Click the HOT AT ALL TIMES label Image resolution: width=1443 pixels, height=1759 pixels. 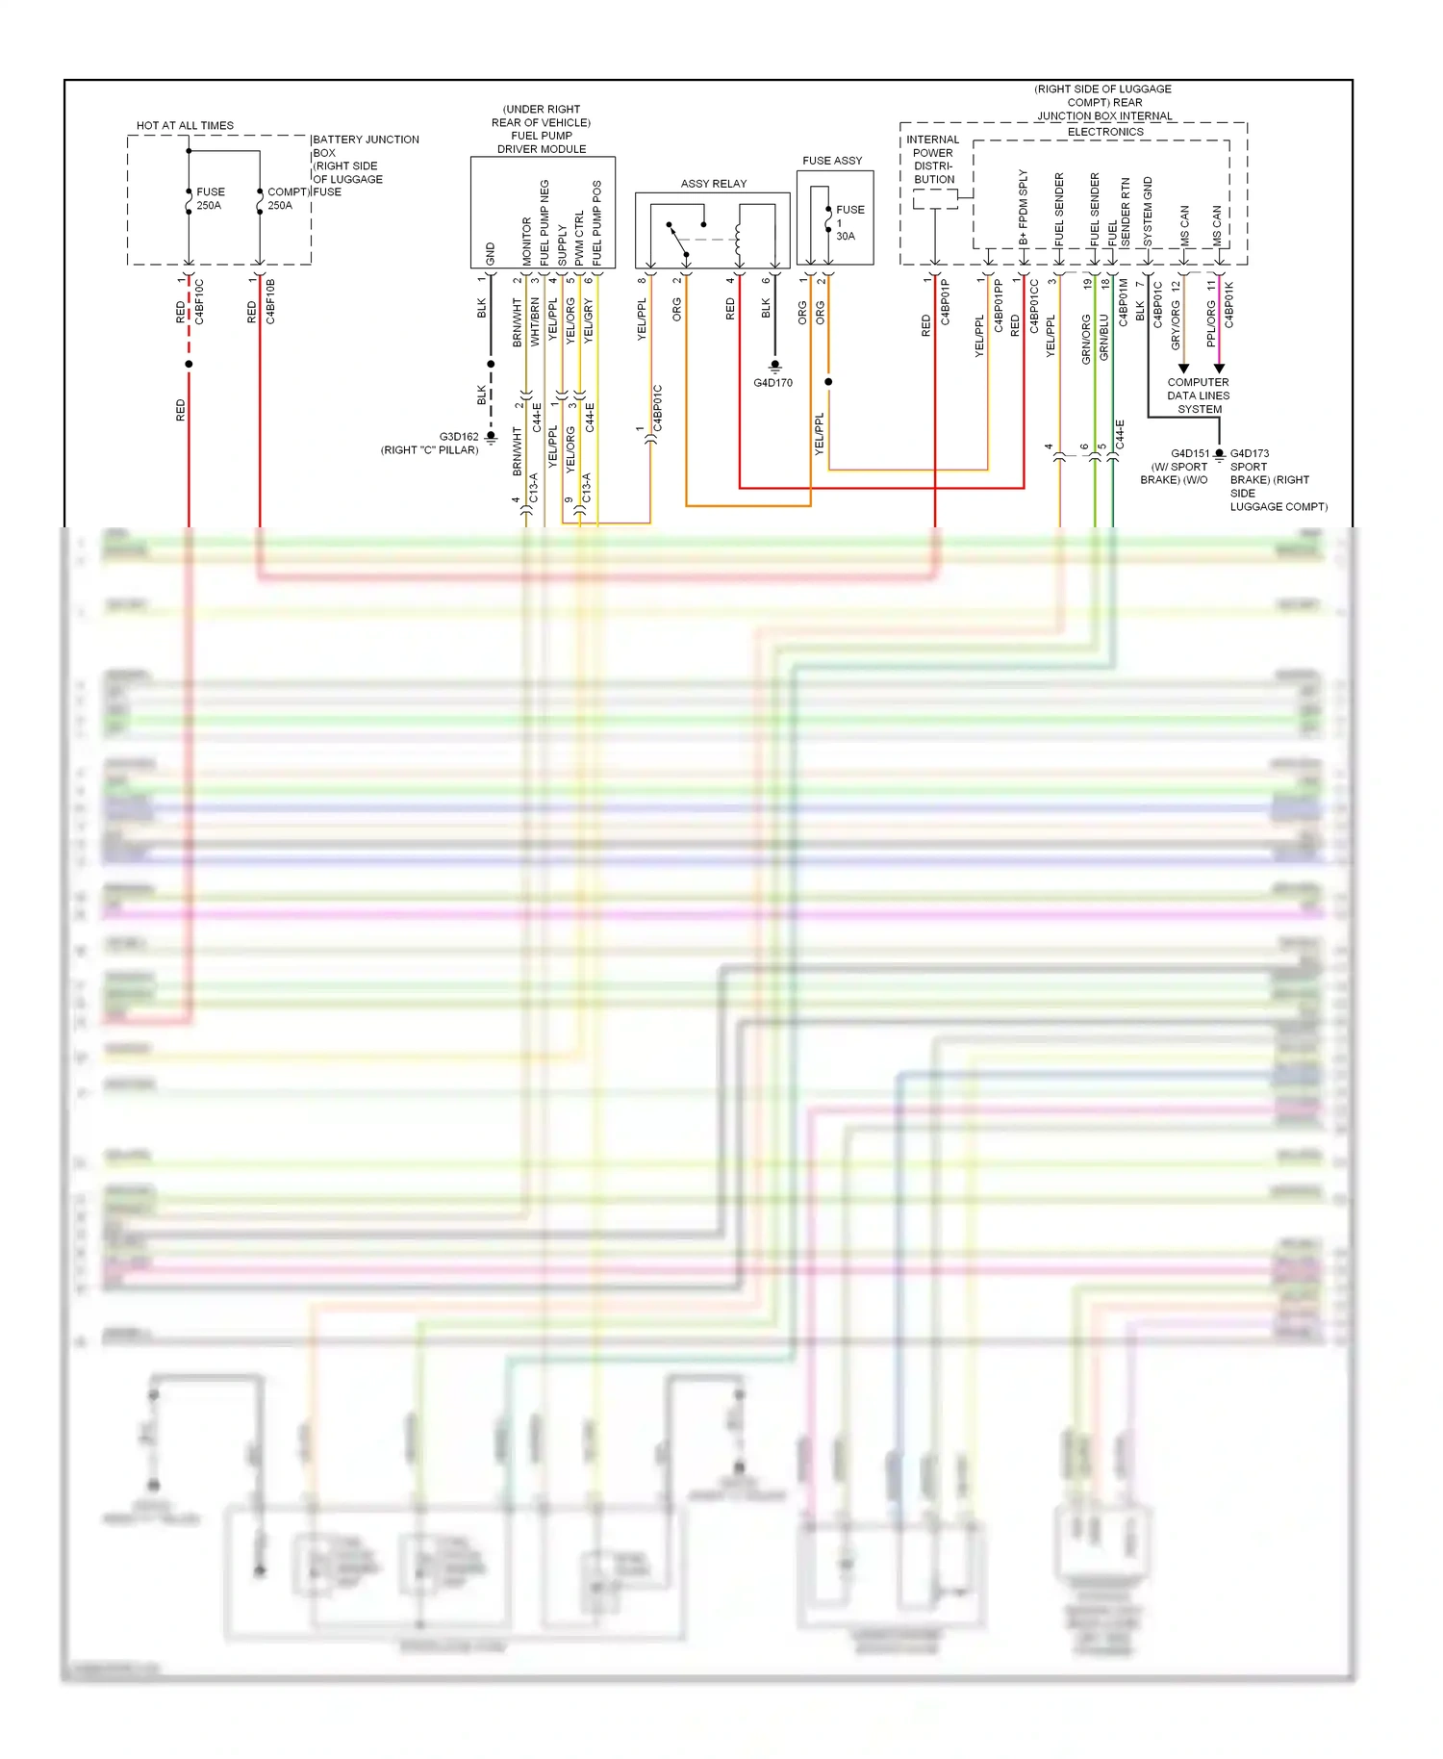[x=185, y=125]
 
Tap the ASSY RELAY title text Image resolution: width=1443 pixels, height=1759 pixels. [x=713, y=184]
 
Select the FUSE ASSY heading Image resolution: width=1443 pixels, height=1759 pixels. [x=832, y=161]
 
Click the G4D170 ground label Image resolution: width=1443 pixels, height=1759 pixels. [x=772, y=383]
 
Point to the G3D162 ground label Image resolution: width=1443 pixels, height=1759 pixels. [x=459, y=437]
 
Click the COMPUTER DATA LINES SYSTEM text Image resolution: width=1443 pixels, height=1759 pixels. [x=1198, y=395]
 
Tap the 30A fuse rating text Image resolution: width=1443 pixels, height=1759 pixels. [x=845, y=236]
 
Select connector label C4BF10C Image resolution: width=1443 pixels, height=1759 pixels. [x=200, y=302]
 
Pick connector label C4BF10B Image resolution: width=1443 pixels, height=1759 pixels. [x=271, y=302]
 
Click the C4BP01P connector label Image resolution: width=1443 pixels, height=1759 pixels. [x=946, y=302]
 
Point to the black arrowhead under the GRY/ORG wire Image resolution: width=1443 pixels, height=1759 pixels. [x=1183, y=369]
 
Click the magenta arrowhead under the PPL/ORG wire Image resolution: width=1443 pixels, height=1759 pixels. [x=1219, y=369]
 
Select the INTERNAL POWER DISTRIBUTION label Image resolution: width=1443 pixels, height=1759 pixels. [x=933, y=160]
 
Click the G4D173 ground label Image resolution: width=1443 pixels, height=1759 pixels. [x=1249, y=453]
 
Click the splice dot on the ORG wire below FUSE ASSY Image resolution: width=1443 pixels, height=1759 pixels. [x=828, y=382]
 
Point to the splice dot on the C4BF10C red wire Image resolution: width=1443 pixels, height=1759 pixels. [x=189, y=364]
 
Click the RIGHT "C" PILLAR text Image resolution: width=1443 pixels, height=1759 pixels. [x=429, y=450]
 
